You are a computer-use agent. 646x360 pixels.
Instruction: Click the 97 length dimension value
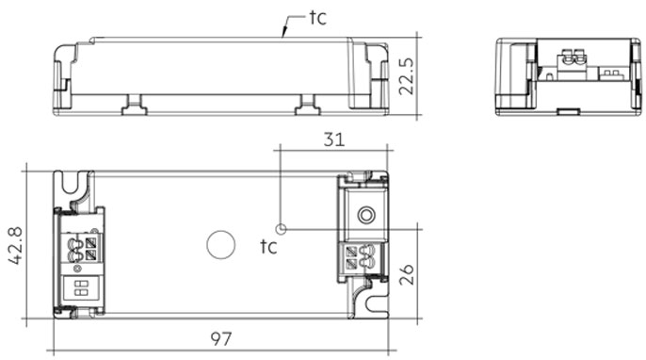[221, 338]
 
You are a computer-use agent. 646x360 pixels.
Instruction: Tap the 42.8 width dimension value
[16, 245]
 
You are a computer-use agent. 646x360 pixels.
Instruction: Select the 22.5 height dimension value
[406, 76]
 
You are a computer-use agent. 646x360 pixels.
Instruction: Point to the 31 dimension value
[333, 139]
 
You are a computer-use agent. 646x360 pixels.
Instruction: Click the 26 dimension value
[406, 274]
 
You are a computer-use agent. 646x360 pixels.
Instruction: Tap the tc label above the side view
[317, 18]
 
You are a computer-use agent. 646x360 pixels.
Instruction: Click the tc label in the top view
[268, 246]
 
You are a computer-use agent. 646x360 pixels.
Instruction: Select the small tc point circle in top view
[281, 229]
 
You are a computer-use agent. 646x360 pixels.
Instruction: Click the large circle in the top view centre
[220, 245]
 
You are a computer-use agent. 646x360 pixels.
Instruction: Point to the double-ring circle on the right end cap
[366, 215]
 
